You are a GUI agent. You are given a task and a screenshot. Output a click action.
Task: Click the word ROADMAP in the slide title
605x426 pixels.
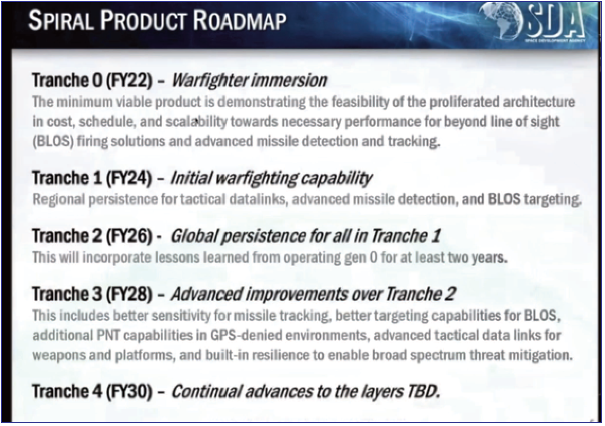239,21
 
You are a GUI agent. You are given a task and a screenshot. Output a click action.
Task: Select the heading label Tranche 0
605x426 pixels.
66,80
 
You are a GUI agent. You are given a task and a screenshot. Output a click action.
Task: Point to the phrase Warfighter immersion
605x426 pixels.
249,80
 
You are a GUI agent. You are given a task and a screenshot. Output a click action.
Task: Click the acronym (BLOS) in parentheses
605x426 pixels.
53,141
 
